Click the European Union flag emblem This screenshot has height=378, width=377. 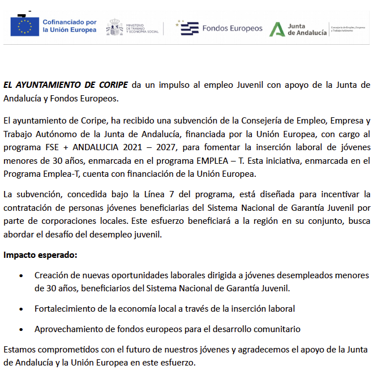pyautogui.click(x=24, y=27)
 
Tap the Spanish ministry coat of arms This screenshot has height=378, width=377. pyautogui.click(x=115, y=27)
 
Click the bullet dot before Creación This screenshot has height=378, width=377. pyautogui.click(x=21, y=276)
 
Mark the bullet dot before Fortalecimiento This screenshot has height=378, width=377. pyautogui.click(x=21, y=309)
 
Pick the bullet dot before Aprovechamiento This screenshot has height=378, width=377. pyautogui.click(x=21, y=329)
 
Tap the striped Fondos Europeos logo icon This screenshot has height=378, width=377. pyautogui.click(x=190, y=28)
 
